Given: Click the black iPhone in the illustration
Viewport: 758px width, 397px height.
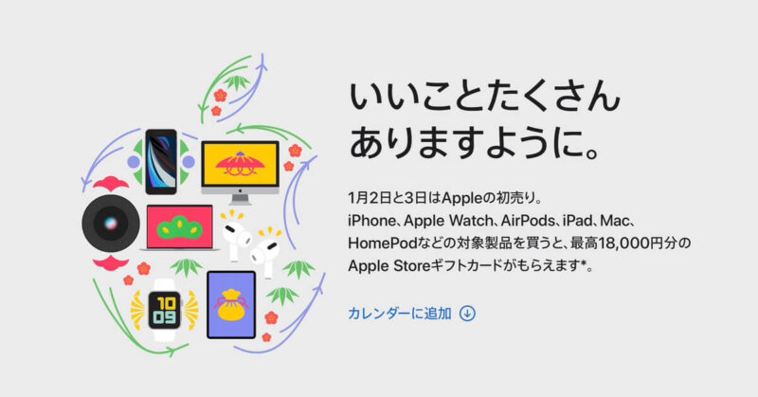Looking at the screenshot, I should pyautogui.click(x=163, y=161).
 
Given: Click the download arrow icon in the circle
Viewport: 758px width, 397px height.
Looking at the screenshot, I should pyautogui.click(x=467, y=313).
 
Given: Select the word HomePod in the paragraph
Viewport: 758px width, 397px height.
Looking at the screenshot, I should pyautogui.click(x=382, y=244).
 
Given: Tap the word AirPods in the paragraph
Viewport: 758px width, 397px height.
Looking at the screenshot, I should pyautogui.click(x=526, y=220).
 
